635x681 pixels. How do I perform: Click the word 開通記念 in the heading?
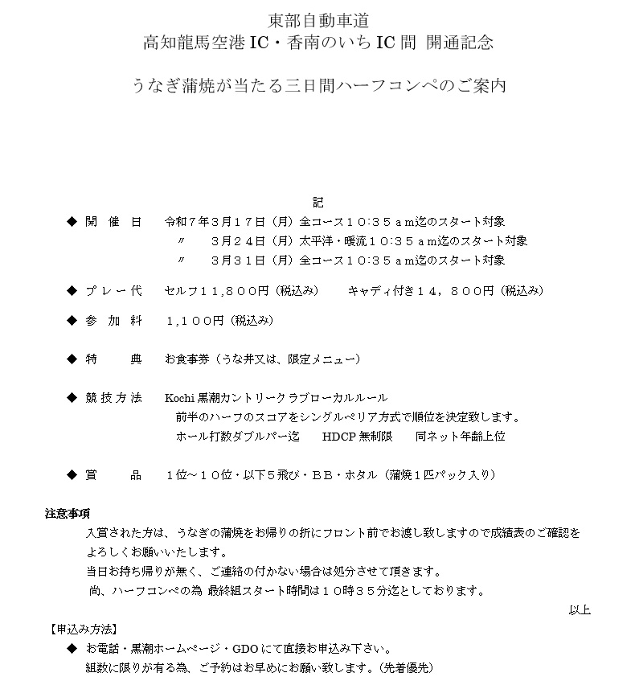click(460, 43)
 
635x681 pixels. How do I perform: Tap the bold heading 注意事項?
click(67, 513)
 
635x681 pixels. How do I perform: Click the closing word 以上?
click(580, 610)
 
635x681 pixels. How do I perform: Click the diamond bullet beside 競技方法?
click(72, 398)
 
